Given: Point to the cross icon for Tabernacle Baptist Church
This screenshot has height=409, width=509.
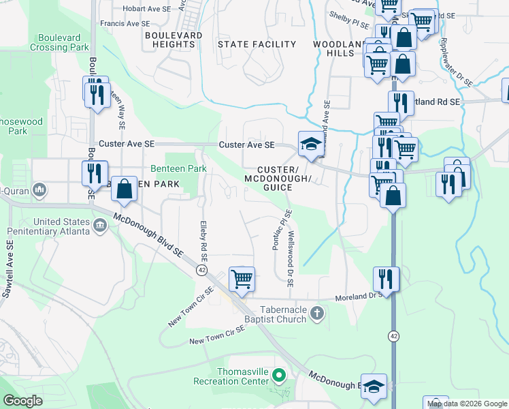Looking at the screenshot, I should coord(316,313).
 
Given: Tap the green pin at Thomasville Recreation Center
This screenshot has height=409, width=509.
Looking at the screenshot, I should coord(278,375).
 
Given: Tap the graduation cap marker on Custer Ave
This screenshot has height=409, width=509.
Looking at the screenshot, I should coord(310,144).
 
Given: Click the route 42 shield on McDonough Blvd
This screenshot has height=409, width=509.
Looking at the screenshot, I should coord(202,271).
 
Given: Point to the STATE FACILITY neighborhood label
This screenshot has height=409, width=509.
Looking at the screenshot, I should coord(257,44).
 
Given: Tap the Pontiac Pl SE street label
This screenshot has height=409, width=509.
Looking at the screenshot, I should coord(277,230).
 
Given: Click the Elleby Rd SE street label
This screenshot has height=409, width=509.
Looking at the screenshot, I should coord(202,239).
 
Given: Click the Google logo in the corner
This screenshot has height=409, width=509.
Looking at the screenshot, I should coord(23,401).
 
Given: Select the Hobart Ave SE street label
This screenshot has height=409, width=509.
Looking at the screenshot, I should coord(145,10).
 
